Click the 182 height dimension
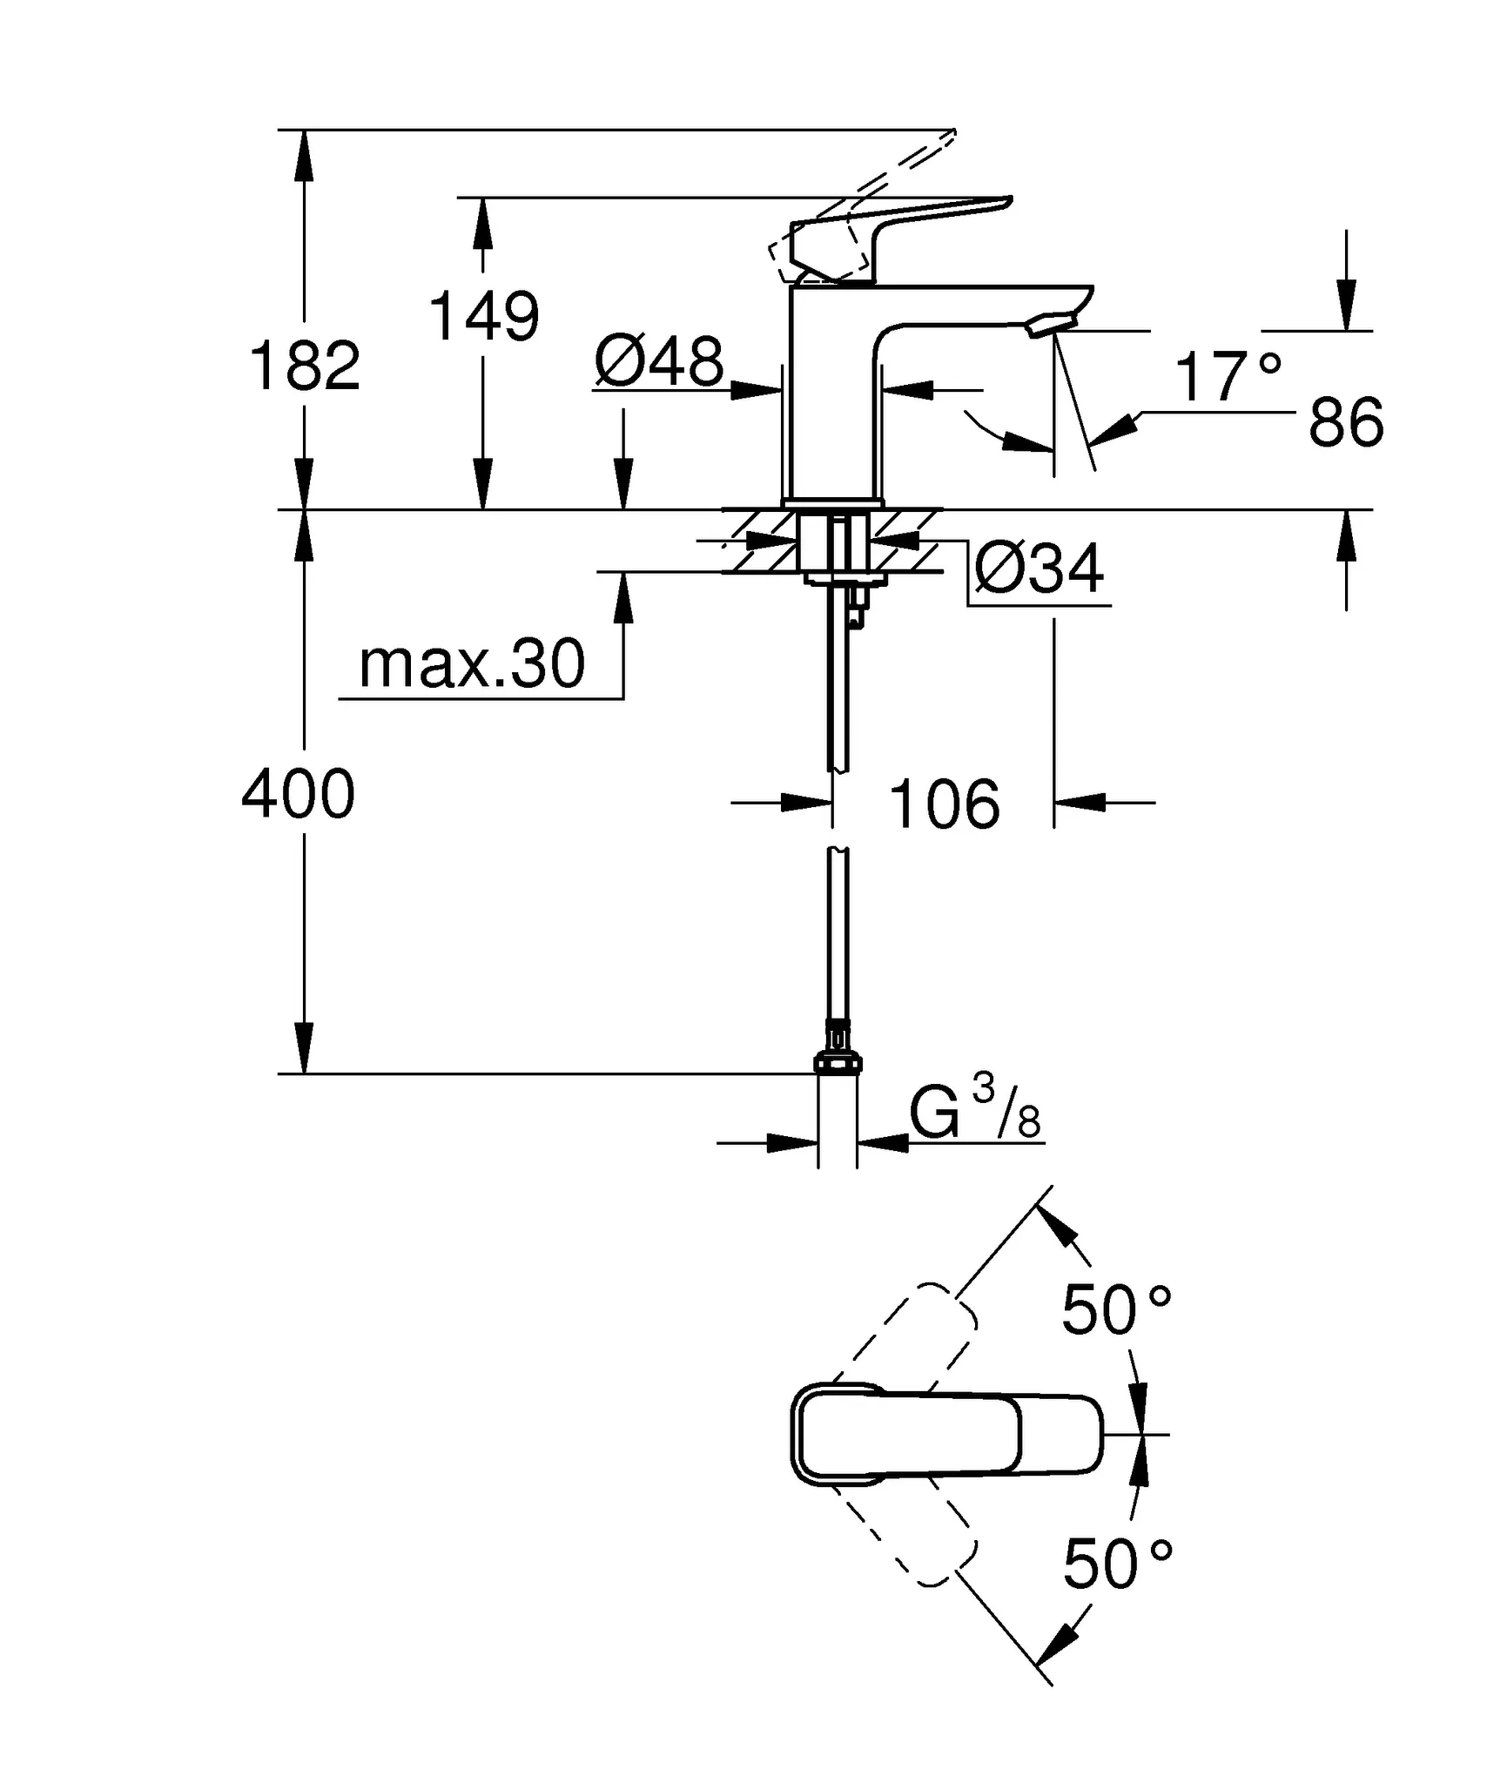[x=304, y=366]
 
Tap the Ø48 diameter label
[x=659, y=361]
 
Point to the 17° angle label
[x=1228, y=377]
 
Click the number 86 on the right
[x=1346, y=423]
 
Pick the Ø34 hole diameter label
[x=1039, y=569]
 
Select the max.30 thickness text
[x=472, y=664]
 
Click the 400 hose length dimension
[x=298, y=794]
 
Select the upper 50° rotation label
[x=1116, y=1309]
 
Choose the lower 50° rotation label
[x=1118, y=1564]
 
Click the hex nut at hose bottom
[x=837, y=1062]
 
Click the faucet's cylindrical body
[x=831, y=400]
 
